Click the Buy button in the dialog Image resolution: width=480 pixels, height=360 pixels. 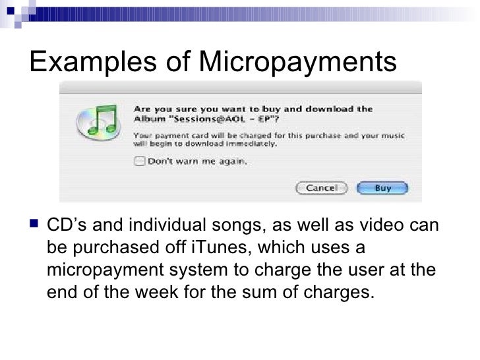tap(383, 188)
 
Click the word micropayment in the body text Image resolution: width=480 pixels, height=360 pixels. tap(110, 270)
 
